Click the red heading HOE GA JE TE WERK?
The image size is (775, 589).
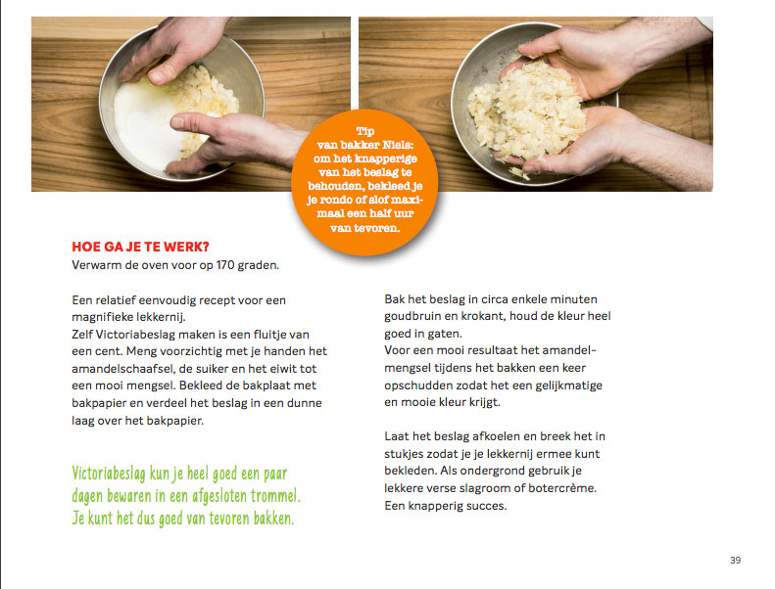tap(140, 247)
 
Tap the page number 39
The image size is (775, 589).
tap(735, 560)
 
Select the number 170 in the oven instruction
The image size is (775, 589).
tap(225, 265)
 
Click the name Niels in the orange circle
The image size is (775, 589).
tap(398, 145)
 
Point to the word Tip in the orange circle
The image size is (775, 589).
tap(365, 131)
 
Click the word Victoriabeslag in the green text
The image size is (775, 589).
tap(109, 474)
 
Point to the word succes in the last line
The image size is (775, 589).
tap(488, 506)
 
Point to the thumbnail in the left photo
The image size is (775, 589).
tap(159, 75)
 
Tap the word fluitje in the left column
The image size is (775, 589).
tap(268, 335)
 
